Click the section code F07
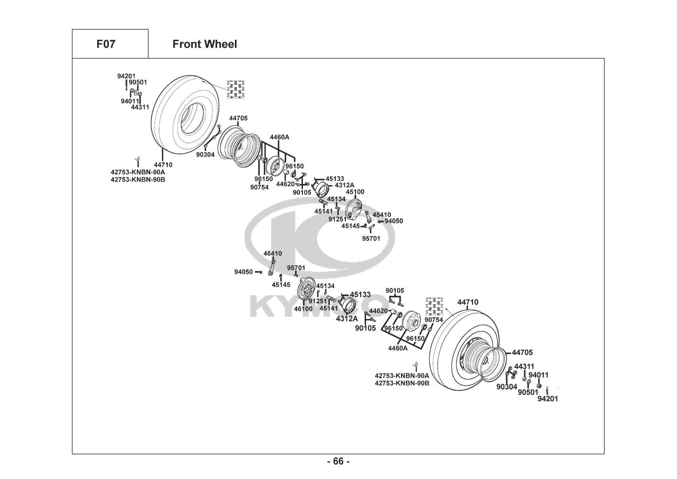click(x=106, y=44)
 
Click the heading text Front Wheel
click(x=204, y=44)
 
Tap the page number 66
click(x=338, y=461)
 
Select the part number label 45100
click(x=355, y=192)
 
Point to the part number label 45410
click(x=382, y=215)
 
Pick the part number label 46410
click(x=273, y=253)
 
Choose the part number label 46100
click(x=303, y=309)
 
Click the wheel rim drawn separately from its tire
click(x=238, y=146)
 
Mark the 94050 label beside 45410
click(x=394, y=221)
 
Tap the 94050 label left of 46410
click(x=244, y=272)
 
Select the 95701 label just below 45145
click(x=371, y=238)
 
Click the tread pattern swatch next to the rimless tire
click(x=236, y=90)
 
